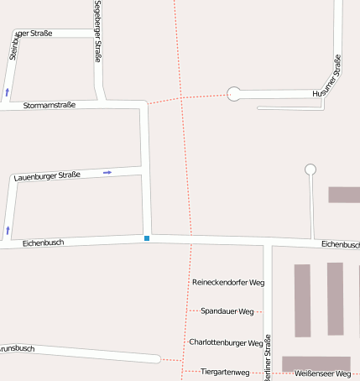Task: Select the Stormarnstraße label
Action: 50,106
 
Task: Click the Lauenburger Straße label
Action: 47,175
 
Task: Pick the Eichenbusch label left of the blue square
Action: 44,243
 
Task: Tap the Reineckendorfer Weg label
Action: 228,283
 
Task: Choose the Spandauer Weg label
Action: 227,311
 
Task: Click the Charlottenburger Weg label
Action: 227,342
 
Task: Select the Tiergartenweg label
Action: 226,372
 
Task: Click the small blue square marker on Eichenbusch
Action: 147,238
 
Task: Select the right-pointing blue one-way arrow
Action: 107,172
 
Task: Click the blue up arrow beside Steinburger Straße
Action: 8,91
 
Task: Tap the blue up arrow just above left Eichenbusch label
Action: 8,229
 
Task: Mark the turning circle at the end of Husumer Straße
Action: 234,94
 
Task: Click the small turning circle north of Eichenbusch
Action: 310,170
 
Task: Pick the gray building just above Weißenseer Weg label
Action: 316,363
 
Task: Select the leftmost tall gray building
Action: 302,300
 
